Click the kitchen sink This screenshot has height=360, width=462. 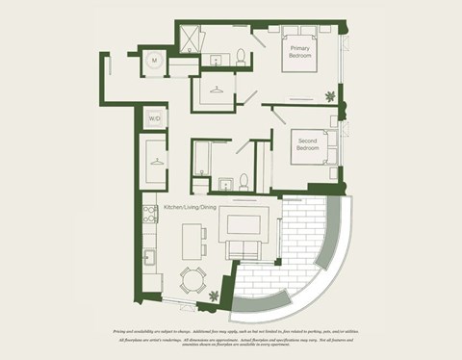point(150,257)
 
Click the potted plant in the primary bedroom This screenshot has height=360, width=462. point(332,96)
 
